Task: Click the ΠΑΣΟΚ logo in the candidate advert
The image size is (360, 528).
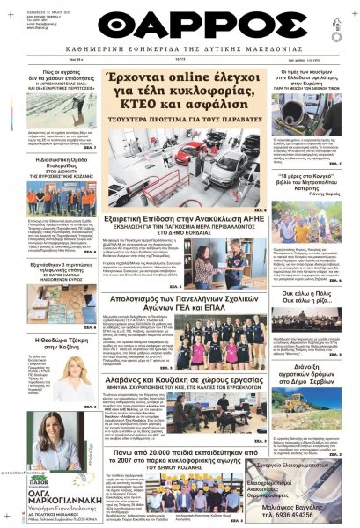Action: (44, 480)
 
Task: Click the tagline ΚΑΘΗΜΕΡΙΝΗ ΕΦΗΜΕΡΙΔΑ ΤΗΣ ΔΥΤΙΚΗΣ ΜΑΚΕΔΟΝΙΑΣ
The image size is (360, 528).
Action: (180, 49)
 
